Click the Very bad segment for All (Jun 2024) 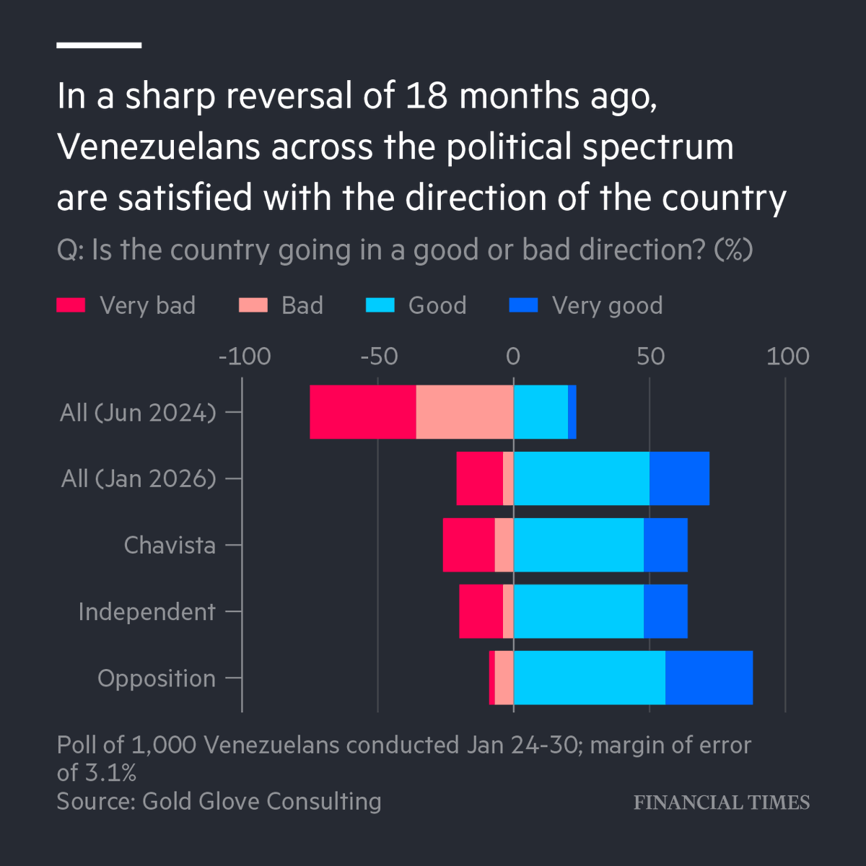coord(363,412)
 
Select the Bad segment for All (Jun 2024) coord(465,412)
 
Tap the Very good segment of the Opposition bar coord(709,678)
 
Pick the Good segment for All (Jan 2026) coord(581,478)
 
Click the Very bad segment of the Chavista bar coord(468,545)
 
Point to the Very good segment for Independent coord(665,611)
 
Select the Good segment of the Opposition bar coord(589,678)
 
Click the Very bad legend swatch coord(71,305)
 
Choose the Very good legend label coord(607,305)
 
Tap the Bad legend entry coord(302,305)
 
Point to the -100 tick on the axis coord(245,357)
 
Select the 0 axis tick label coord(513,357)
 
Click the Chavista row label coord(170,545)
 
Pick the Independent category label coord(146,612)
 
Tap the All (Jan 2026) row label coord(139,478)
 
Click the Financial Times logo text coord(722,802)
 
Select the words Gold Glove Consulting coord(262,801)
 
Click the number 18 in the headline coord(427,96)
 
